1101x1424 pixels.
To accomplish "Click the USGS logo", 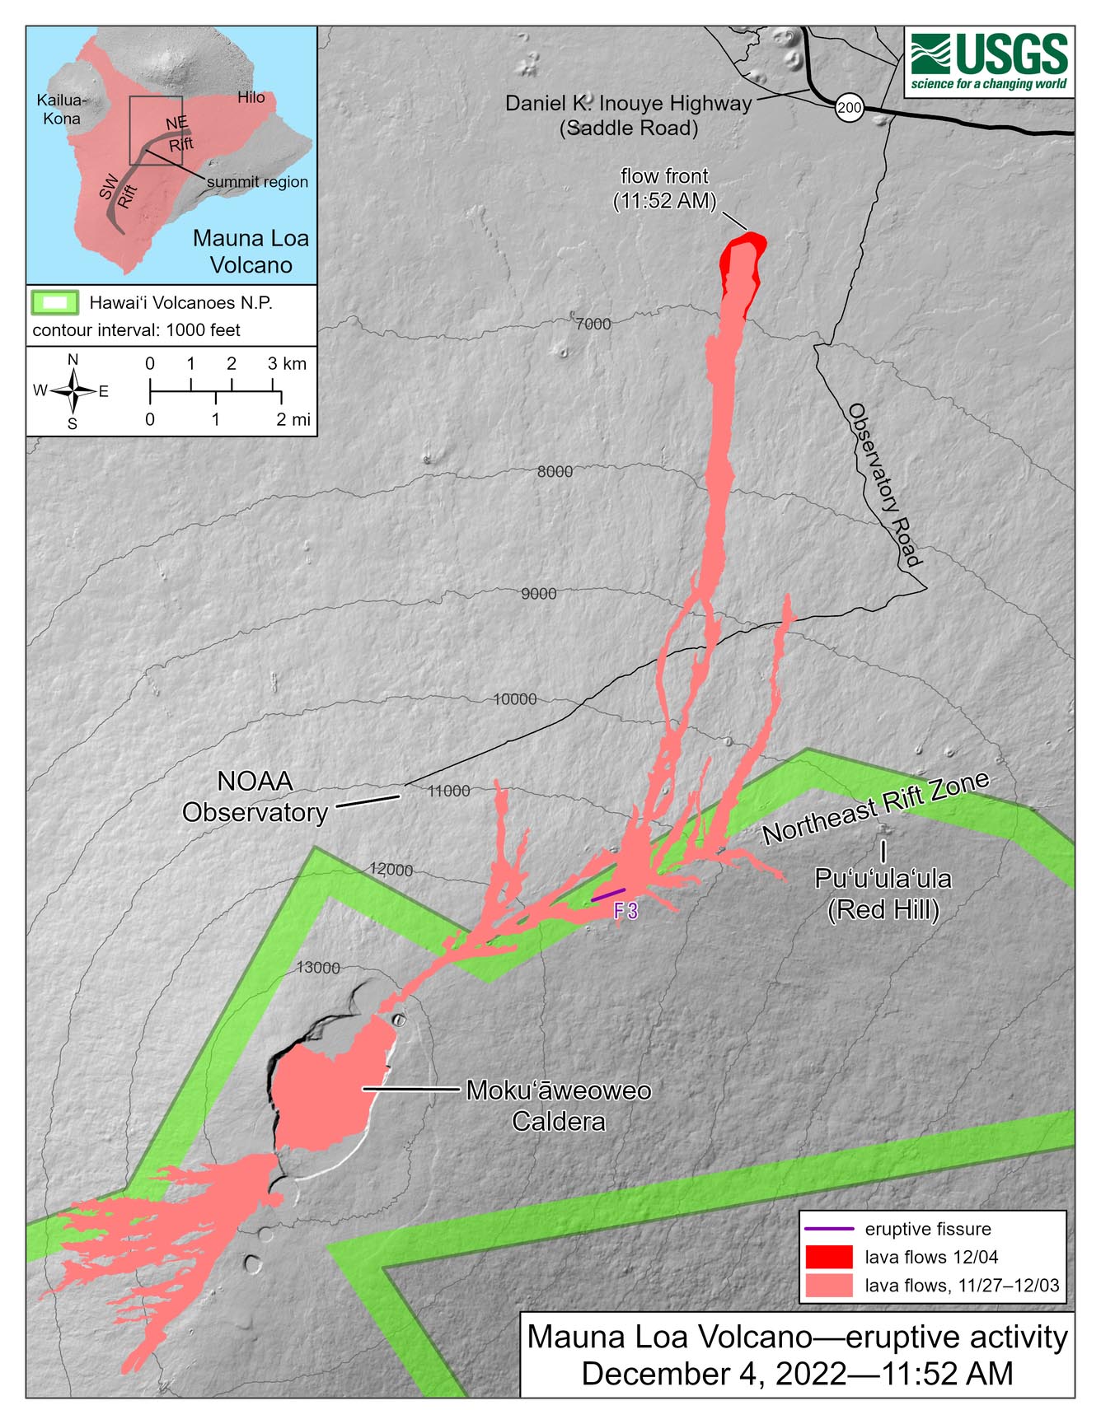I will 989,62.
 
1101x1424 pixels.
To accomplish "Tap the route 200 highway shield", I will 849,107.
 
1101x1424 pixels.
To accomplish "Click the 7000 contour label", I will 593,324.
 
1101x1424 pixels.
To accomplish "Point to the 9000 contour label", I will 538,594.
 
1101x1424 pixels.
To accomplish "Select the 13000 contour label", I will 318,968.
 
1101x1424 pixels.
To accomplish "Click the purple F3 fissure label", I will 625,911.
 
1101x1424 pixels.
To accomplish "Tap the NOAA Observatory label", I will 255,796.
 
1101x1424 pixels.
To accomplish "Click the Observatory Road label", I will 884,485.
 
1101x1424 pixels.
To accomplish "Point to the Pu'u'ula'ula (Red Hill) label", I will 883,894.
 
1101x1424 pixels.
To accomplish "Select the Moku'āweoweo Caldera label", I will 559,1105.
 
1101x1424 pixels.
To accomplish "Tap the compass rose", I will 73,391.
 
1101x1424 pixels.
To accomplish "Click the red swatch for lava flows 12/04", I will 828,1257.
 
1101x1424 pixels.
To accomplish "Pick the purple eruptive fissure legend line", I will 828,1229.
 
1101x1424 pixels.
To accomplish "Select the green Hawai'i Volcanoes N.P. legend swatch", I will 54,302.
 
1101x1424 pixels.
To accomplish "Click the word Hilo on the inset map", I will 251,97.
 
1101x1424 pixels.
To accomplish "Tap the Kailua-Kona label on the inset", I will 61,110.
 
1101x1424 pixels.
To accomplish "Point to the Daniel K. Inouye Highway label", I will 629,115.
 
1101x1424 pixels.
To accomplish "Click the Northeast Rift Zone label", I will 875,809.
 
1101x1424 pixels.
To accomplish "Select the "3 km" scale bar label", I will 287,363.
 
